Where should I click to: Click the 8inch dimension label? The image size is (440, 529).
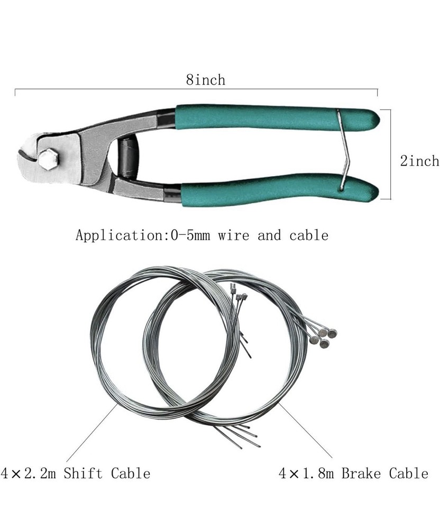click(205, 80)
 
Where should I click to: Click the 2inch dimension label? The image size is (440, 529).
click(419, 161)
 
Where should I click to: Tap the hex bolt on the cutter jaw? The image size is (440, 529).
click(48, 159)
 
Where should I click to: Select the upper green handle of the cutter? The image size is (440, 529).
click(275, 117)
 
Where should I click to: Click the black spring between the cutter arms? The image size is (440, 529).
click(127, 157)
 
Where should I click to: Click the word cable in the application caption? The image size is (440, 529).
click(309, 235)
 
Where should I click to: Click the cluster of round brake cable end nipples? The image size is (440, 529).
click(324, 336)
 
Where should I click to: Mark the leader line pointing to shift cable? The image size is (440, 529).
click(93, 432)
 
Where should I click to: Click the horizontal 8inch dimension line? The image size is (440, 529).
click(106, 90)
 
